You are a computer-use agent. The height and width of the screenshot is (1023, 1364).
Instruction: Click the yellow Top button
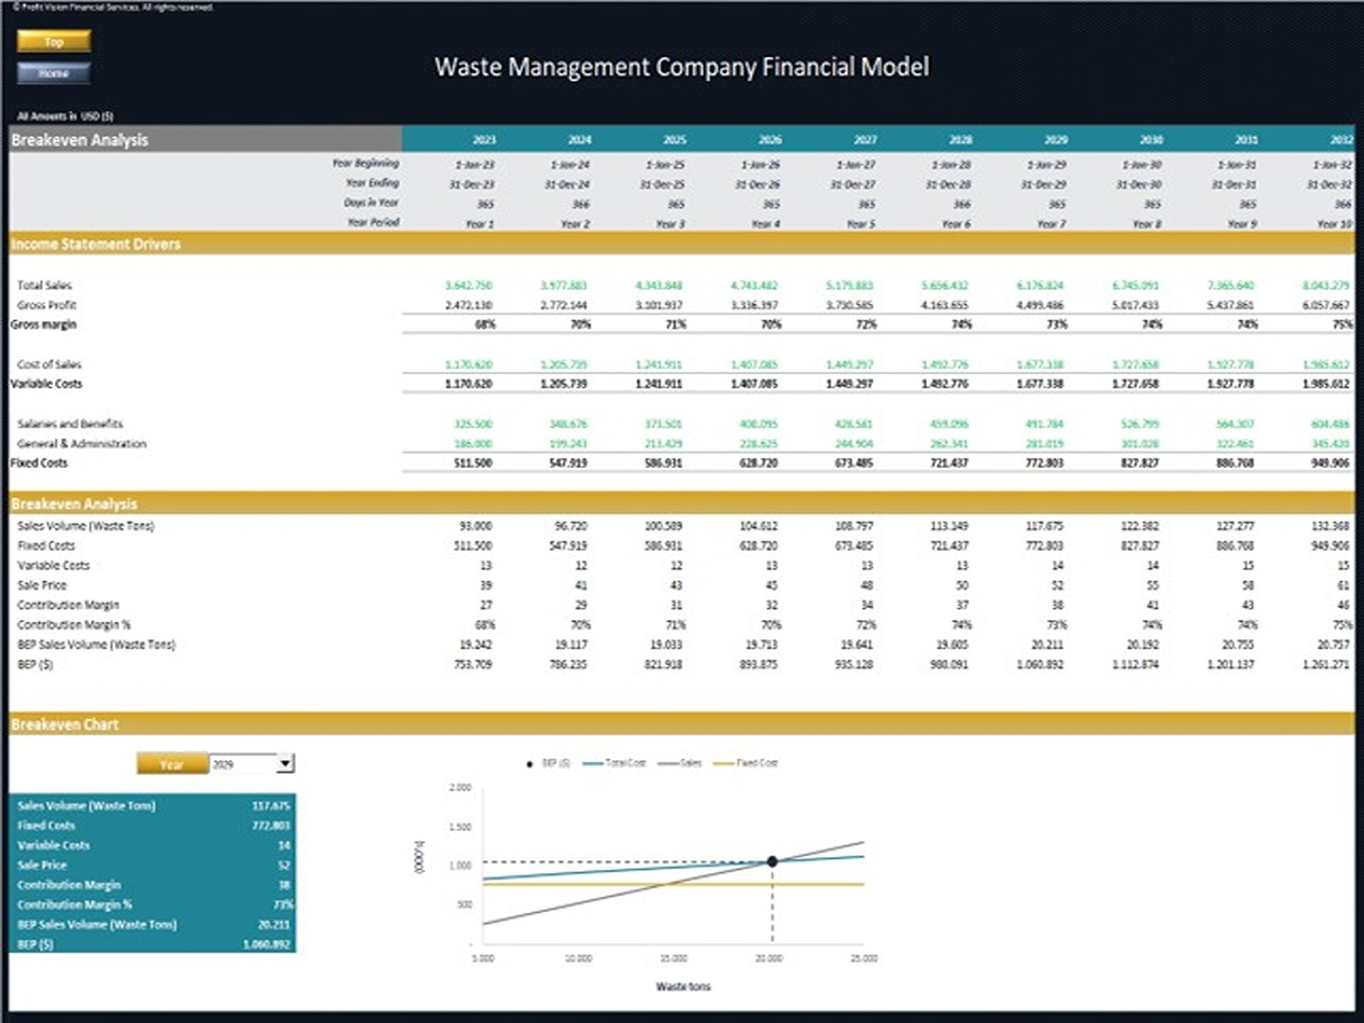point(54,42)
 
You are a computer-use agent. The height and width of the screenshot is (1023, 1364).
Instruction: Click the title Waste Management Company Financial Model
point(681,67)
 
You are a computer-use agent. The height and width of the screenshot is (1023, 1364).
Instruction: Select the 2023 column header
point(484,140)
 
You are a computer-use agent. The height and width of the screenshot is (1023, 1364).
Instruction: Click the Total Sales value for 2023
point(469,285)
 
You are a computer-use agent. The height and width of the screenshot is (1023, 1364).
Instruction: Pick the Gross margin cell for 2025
point(675,325)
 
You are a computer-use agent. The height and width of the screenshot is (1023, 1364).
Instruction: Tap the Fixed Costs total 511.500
point(473,463)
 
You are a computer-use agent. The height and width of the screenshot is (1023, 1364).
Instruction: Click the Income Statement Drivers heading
point(96,244)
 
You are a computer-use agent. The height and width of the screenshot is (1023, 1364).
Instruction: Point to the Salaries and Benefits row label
point(70,424)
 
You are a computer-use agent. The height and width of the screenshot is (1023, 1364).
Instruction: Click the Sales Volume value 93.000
point(475,526)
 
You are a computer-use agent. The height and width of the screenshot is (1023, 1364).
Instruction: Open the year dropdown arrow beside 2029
point(286,763)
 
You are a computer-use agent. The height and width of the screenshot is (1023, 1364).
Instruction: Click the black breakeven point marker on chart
point(772,861)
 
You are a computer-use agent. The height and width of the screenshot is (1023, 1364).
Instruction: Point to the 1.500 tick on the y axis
point(460,827)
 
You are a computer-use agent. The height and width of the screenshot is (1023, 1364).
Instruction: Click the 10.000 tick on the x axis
point(578,958)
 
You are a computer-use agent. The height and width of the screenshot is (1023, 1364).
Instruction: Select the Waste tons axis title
point(683,986)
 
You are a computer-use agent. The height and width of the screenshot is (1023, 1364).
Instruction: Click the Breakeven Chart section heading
point(65,724)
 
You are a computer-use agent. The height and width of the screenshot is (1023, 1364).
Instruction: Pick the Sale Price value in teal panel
point(284,865)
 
